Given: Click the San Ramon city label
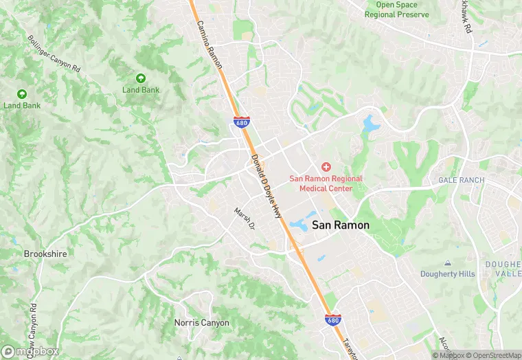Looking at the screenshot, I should click(341, 225).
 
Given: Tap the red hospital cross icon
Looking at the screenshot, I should click(326, 167).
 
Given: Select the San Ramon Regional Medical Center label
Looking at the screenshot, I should click(326, 183).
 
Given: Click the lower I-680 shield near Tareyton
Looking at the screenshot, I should click(332, 319).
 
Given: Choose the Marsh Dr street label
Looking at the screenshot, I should click(245, 218).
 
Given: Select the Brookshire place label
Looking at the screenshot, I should click(45, 254).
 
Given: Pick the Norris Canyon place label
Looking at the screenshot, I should click(201, 322).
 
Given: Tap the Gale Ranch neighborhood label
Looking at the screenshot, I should click(462, 180).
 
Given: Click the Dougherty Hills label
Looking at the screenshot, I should click(448, 274).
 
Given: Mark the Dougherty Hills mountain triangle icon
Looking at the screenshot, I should click(448, 263).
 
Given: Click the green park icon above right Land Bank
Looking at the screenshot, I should click(141, 78).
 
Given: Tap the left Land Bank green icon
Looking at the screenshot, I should click(21, 94).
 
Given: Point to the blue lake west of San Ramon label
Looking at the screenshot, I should click(300, 224).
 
